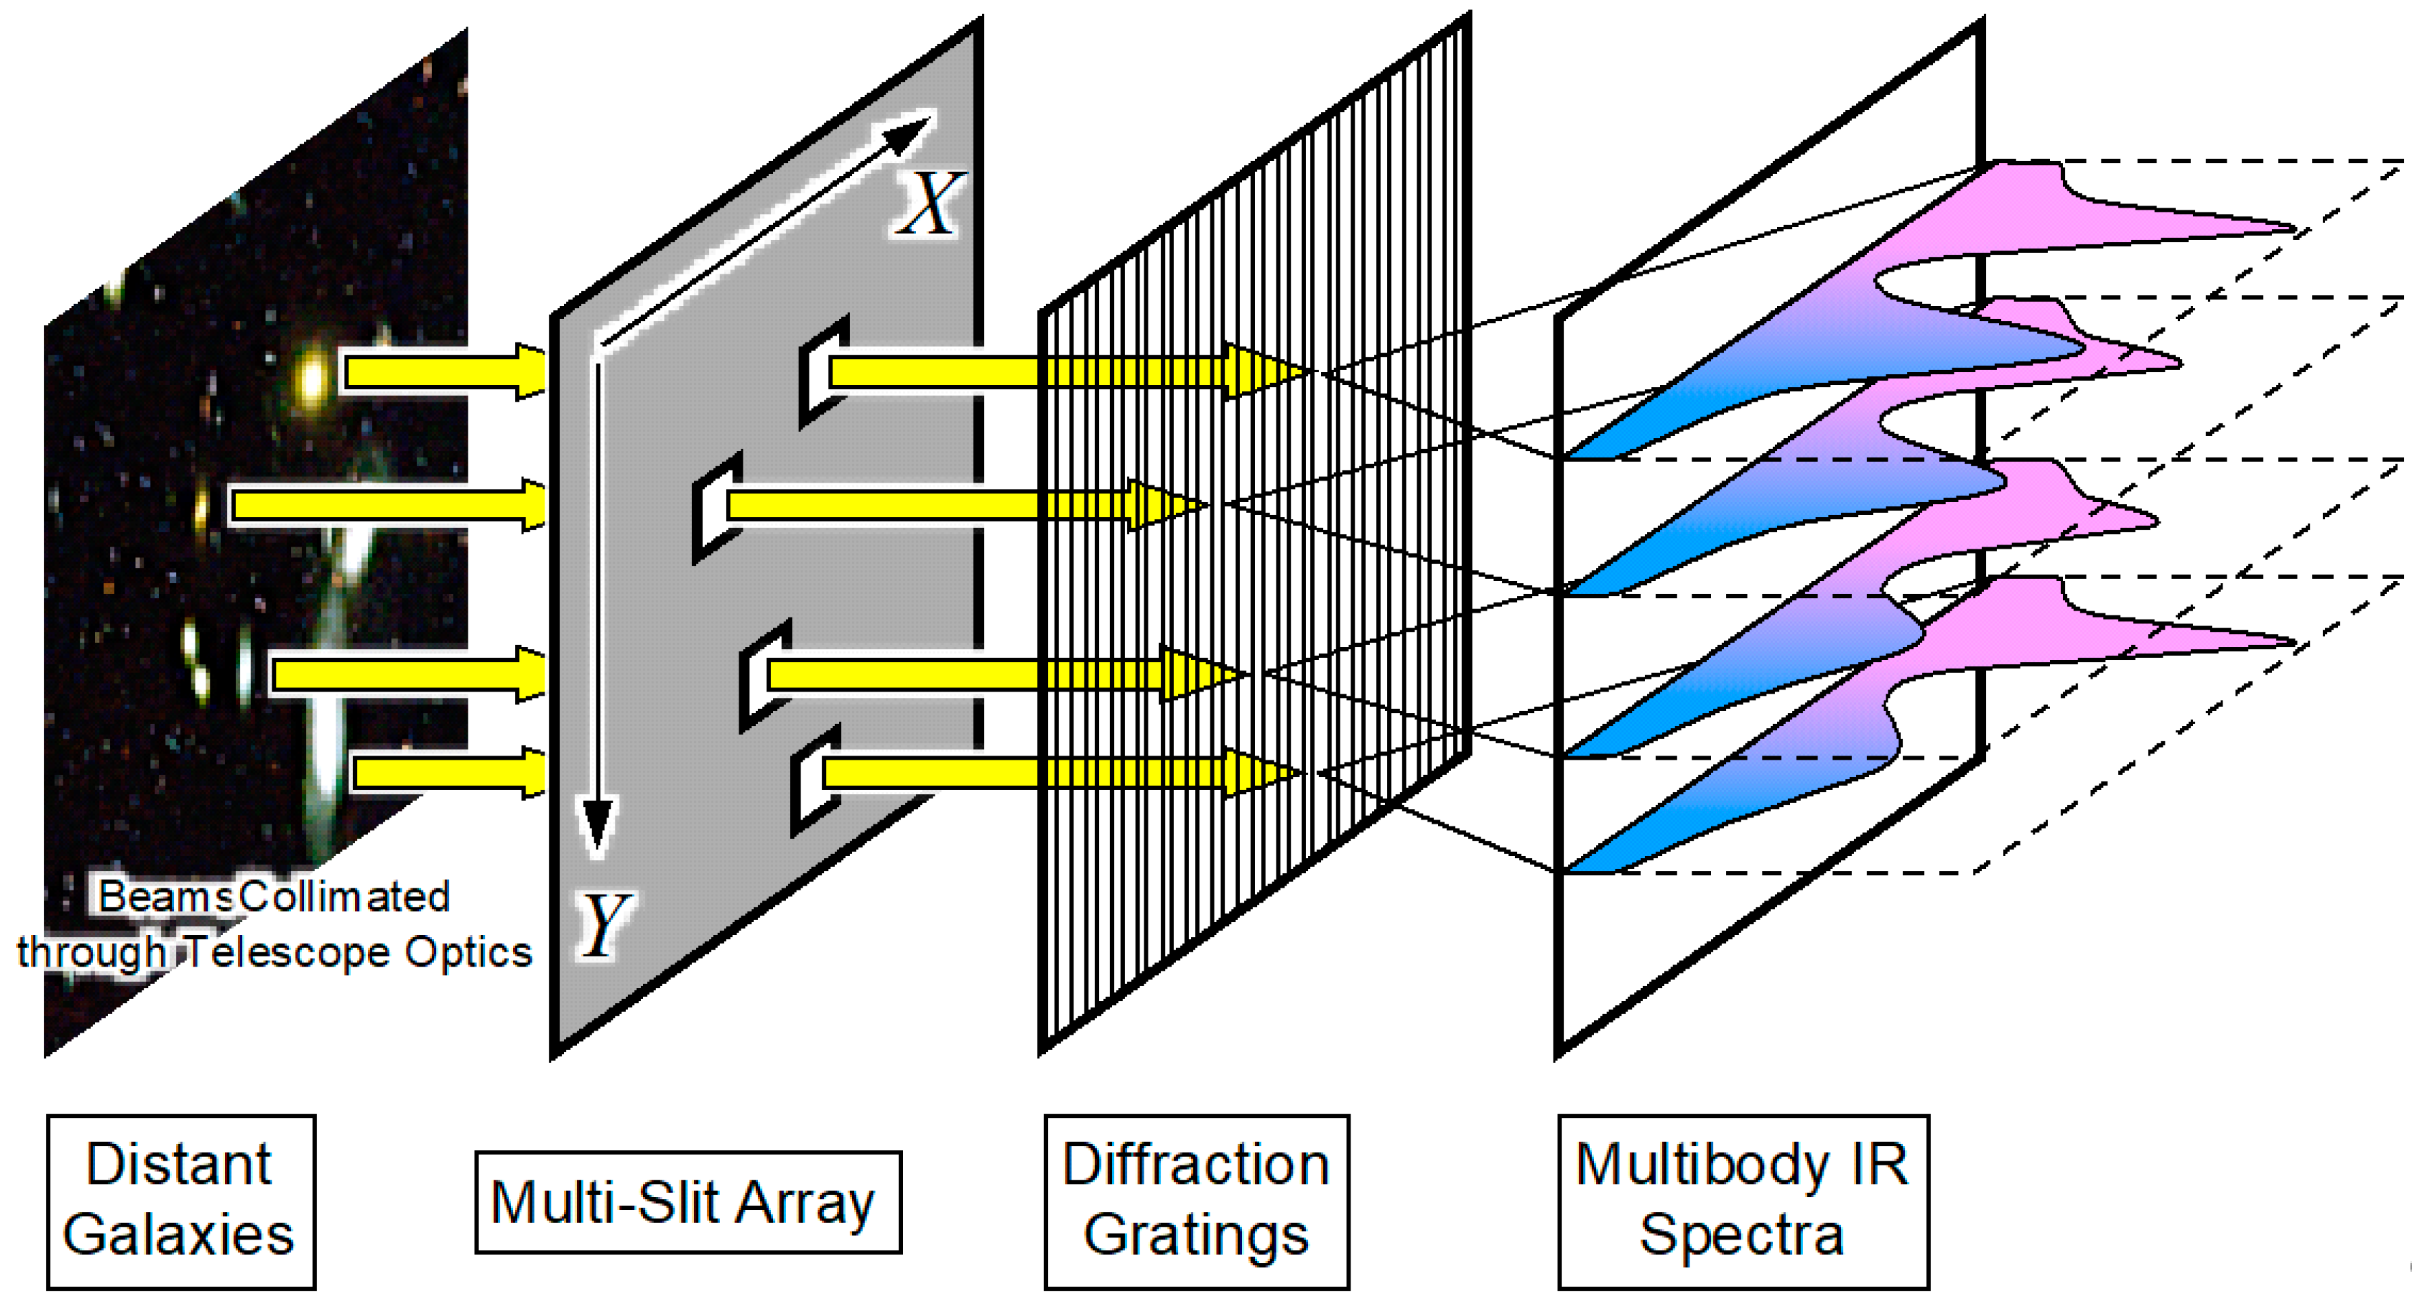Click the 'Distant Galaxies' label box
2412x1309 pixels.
181,1201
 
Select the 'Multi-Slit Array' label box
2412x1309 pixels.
688,1203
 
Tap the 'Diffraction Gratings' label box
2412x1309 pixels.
1197,1201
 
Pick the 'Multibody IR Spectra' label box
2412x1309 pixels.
1743,1201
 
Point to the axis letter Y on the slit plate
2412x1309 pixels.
604,925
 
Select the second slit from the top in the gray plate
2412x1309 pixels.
712,508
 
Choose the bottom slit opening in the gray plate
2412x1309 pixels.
809,777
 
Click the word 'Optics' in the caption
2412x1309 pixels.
468,953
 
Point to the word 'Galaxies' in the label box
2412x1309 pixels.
179,1235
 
